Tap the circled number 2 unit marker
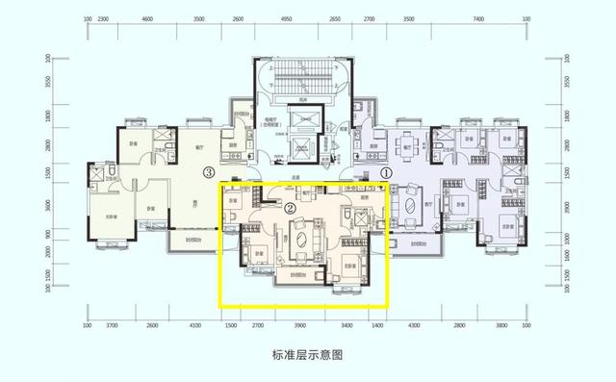point(290,207)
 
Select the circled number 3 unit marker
point(208,173)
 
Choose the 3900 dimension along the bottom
point(299,326)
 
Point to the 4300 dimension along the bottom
point(416,326)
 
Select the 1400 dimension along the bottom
point(377,326)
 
